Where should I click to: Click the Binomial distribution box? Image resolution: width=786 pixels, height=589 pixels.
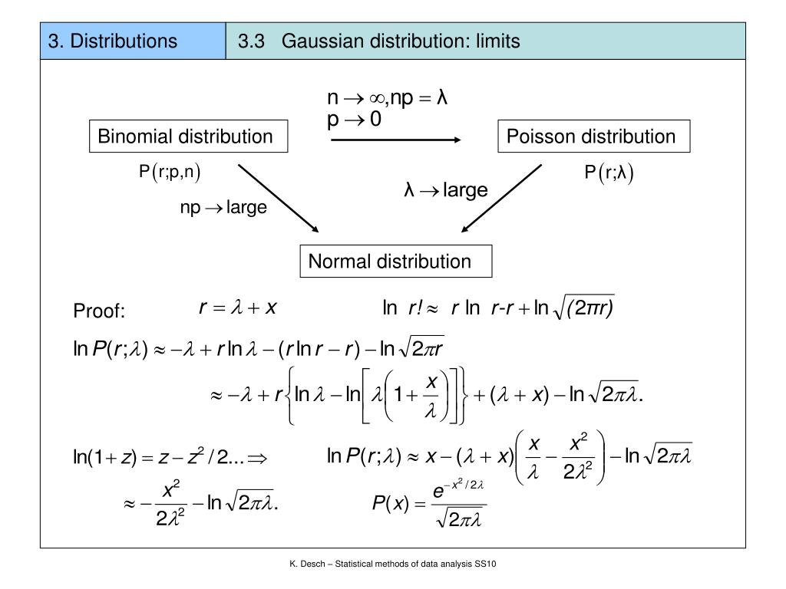pyautogui.click(x=185, y=137)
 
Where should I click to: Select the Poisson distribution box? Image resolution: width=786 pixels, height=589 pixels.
pyautogui.click(x=590, y=137)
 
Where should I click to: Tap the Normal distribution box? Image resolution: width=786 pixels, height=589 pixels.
pyautogui.click(x=390, y=262)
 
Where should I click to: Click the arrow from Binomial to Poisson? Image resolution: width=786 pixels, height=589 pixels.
pyautogui.click(x=395, y=140)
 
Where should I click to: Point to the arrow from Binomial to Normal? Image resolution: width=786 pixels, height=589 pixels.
pyautogui.click(x=278, y=197)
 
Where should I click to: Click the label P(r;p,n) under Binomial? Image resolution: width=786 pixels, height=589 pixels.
pyautogui.click(x=170, y=173)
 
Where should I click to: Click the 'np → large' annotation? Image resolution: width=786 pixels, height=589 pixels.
pyautogui.click(x=223, y=207)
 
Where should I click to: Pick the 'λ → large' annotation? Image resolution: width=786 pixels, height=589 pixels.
pyautogui.click(x=446, y=189)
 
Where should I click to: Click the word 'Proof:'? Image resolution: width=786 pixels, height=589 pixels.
pyautogui.click(x=99, y=311)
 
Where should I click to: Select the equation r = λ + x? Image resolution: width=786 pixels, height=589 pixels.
pyautogui.click(x=238, y=308)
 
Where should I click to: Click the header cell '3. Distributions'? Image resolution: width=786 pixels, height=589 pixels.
pyautogui.click(x=113, y=41)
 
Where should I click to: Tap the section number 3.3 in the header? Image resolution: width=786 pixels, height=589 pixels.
pyautogui.click(x=251, y=41)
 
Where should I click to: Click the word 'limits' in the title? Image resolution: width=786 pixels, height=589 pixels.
pyautogui.click(x=497, y=41)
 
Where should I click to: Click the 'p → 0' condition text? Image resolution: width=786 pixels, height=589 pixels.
pyautogui.click(x=355, y=120)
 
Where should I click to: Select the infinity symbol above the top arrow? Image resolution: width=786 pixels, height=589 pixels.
pyautogui.click(x=375, y=98)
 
